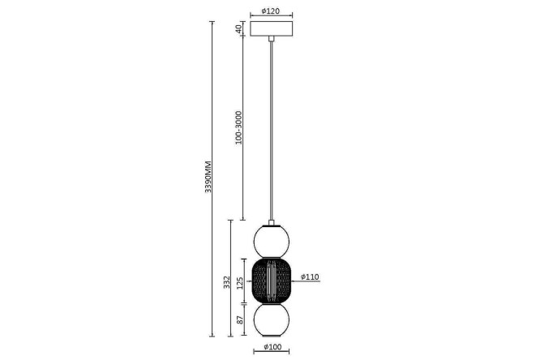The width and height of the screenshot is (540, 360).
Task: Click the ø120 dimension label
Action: pos(271,11)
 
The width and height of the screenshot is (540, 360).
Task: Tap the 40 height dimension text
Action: pos(238,29)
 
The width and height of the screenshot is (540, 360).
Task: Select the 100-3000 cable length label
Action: pos(238,127)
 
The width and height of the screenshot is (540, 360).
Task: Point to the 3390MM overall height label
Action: pos(208,177)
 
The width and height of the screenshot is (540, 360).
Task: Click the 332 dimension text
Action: pos(226,282)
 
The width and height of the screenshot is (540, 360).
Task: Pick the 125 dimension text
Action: pos(240,282)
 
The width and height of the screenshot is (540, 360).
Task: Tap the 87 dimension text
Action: pos(240,319)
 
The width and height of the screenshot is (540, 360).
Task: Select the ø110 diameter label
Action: pos(310,276)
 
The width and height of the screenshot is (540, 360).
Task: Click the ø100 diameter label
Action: pos(272,347)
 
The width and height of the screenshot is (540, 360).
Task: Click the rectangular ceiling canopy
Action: pos(272,28)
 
